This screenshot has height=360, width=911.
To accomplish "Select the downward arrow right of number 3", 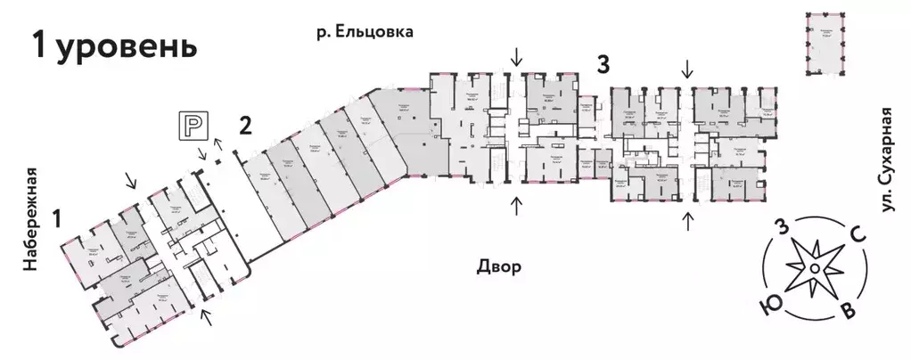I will (x=686, y=66).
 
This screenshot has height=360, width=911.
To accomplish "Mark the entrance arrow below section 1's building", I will (x=206, y=317).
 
